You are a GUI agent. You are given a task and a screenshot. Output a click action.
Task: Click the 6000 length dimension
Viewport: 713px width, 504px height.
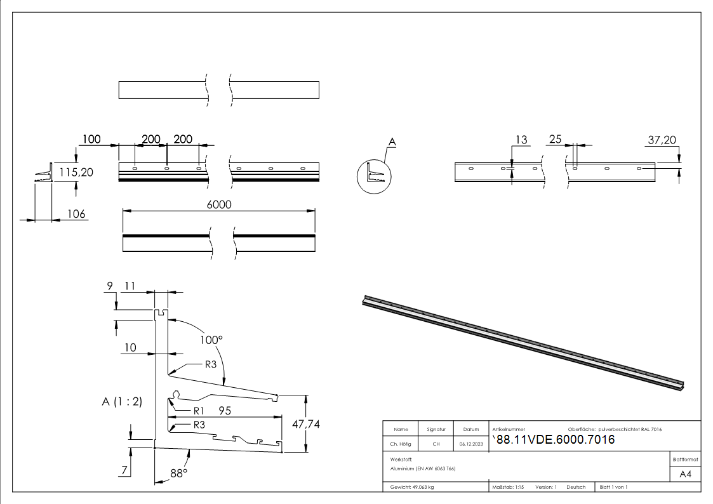click(x=218, y=204)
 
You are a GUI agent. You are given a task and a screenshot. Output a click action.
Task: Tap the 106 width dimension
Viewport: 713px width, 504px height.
click(x=76, y=214)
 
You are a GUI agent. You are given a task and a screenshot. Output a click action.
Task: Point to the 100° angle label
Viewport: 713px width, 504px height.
click(x=211, y=340)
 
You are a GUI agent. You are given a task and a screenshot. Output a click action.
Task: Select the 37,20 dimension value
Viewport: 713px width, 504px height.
click(x=662, y=140)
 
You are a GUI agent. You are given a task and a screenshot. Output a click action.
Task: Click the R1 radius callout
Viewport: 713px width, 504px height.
click(x=199, y=410)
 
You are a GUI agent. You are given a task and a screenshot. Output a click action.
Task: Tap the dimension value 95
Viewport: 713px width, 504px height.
click(x=225, y=411)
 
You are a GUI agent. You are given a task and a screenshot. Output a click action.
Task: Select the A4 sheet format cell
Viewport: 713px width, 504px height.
click(x=686, y=474)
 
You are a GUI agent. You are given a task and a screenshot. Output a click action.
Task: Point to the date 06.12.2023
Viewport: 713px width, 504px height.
click(x=471, y=444)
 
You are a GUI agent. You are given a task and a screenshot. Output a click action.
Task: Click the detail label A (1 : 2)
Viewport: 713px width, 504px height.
click(x=122, y=401)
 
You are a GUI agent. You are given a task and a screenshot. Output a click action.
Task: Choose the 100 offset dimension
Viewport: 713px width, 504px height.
click(x=91, y=139)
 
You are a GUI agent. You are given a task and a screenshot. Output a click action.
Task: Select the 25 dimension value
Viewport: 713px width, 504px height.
click(x=555, y=140)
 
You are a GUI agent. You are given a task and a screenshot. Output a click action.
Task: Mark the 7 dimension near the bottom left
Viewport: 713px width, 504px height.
click(x=125, y=470)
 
